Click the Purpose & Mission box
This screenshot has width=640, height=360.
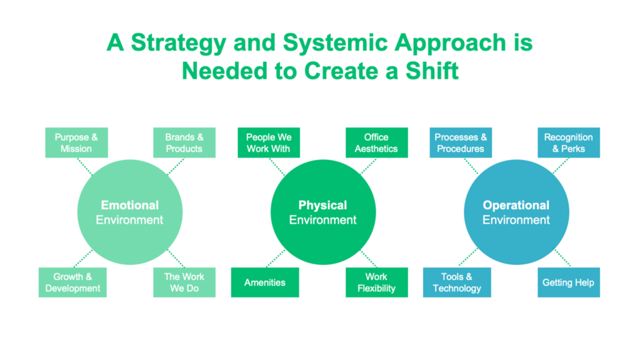(x=76, y=142)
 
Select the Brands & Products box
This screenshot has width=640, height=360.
(x=184, y=142)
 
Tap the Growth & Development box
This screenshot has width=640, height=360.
(x=72, y=282)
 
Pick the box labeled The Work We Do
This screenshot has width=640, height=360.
(x=184, y=282)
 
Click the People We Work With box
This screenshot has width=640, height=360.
(x=269, y=142)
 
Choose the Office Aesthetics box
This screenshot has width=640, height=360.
(x=376, y=142)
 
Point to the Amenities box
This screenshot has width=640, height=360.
(x=265, y=282)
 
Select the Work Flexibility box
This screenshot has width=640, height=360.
(x=376, y=282)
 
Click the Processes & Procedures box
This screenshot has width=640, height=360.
(x=461, y=142)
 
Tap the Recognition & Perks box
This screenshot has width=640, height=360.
(x=568, y=142)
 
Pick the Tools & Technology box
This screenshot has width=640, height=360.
(x=457, y=282)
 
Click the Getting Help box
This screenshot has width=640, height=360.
(x=568, y=282)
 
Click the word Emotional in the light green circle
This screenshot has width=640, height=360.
(x=130, y=205)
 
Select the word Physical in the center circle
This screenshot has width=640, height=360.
(x=322, y=205)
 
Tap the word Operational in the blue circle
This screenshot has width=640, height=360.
(x=516, y=205)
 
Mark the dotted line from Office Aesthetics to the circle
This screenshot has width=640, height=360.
(x=368, y=166)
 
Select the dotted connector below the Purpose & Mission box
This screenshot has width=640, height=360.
(x=85, y=166)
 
